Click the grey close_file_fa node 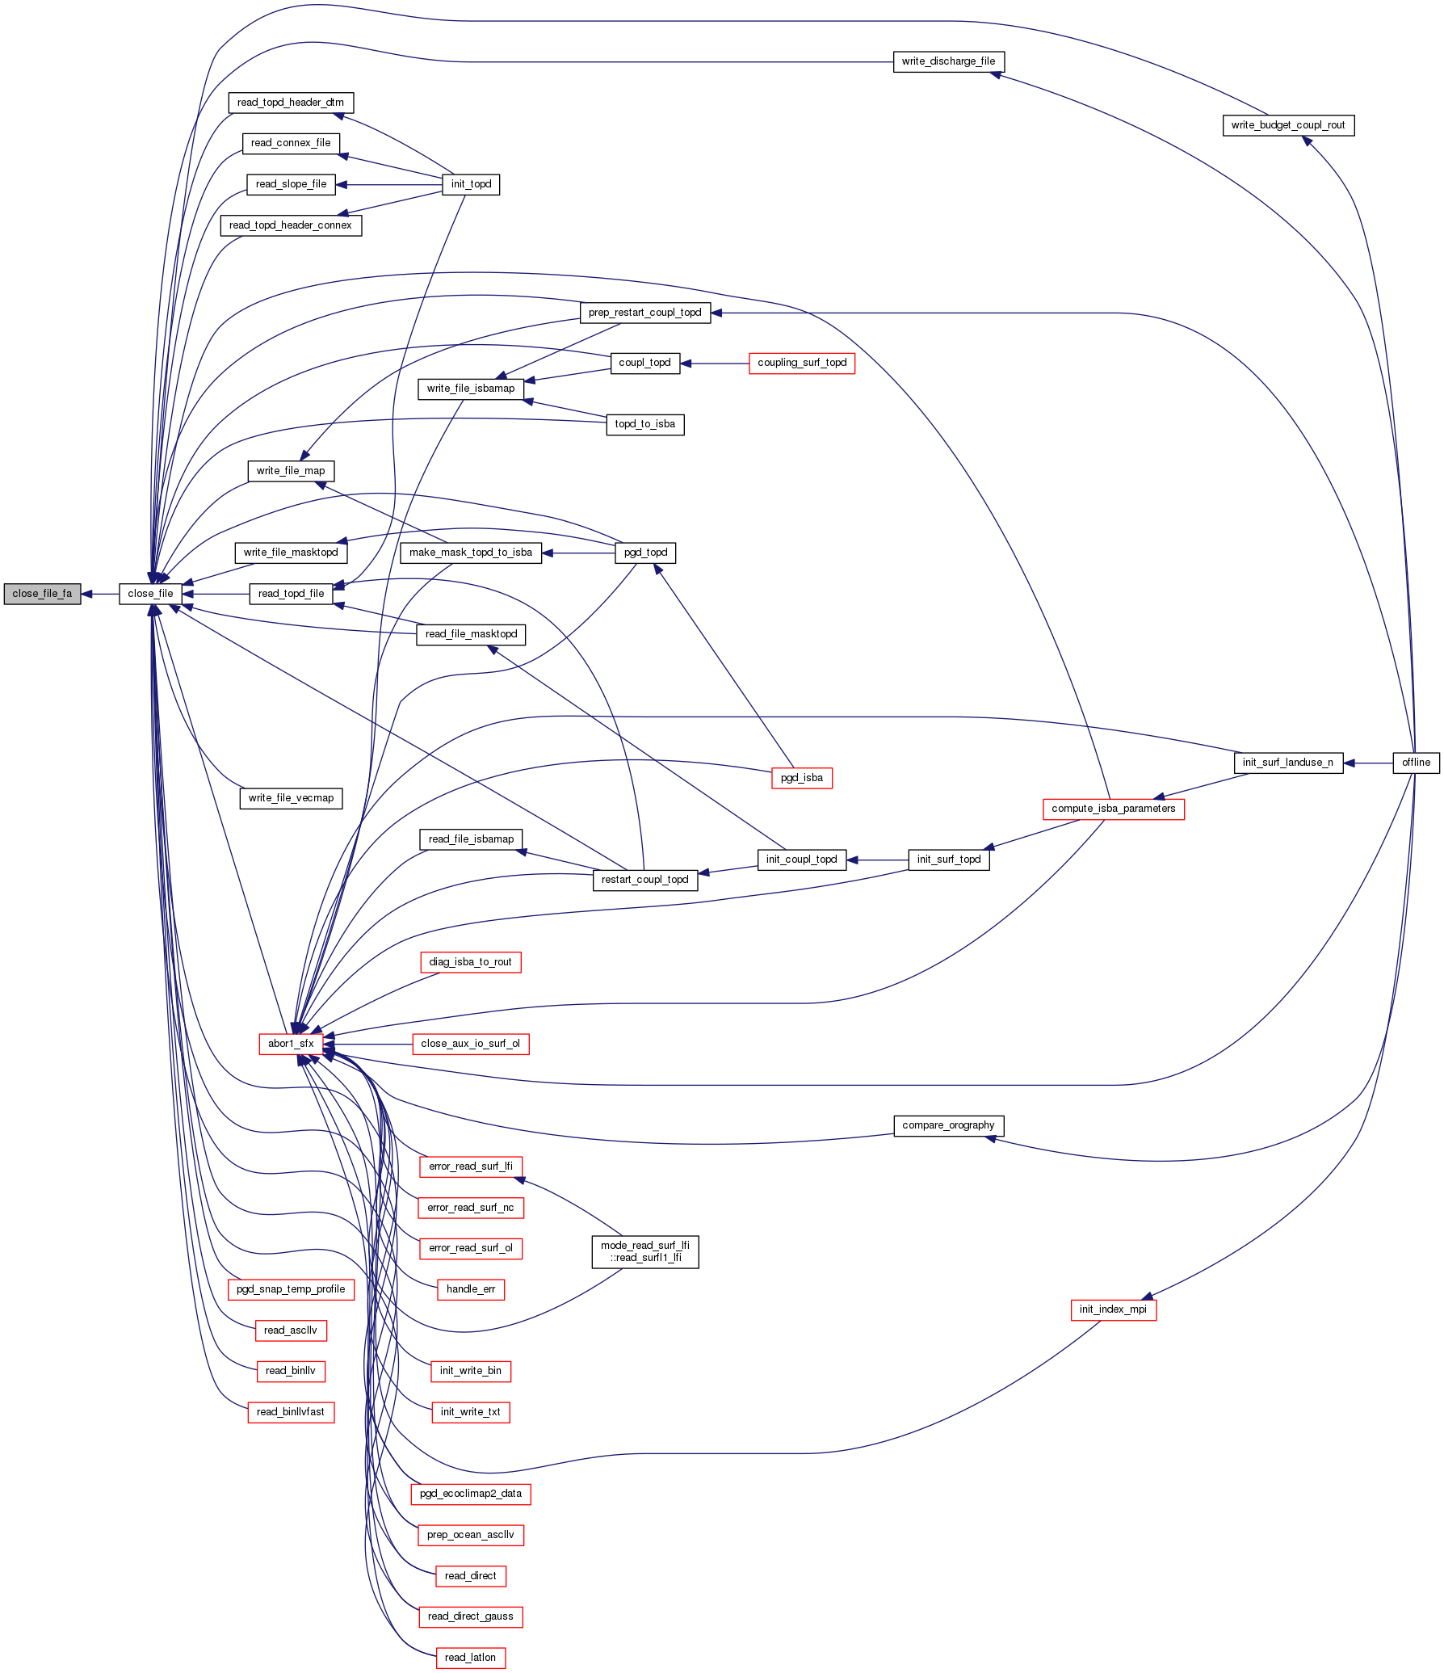[x=42, y=594]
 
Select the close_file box [x=150, y=594]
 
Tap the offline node [x=1416, y=763]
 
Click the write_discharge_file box [x=948, y=61]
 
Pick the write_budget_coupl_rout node [x=1288, y=125]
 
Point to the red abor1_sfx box [x=291, y=1044]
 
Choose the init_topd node [x=471, y=184]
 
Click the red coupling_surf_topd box [x=802, y=363]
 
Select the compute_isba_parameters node [x=1113, y=809]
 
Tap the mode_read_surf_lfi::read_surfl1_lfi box [x=644, y=1251]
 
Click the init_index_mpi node [x=1113, y=1309]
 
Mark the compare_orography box [x=948, y=1125]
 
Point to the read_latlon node [x=470, y=1658]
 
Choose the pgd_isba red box [x=802, y=778]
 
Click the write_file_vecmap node [x=291, y=798]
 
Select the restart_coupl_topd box [x=644, y=880]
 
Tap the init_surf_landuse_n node [x=1287, y=763]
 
